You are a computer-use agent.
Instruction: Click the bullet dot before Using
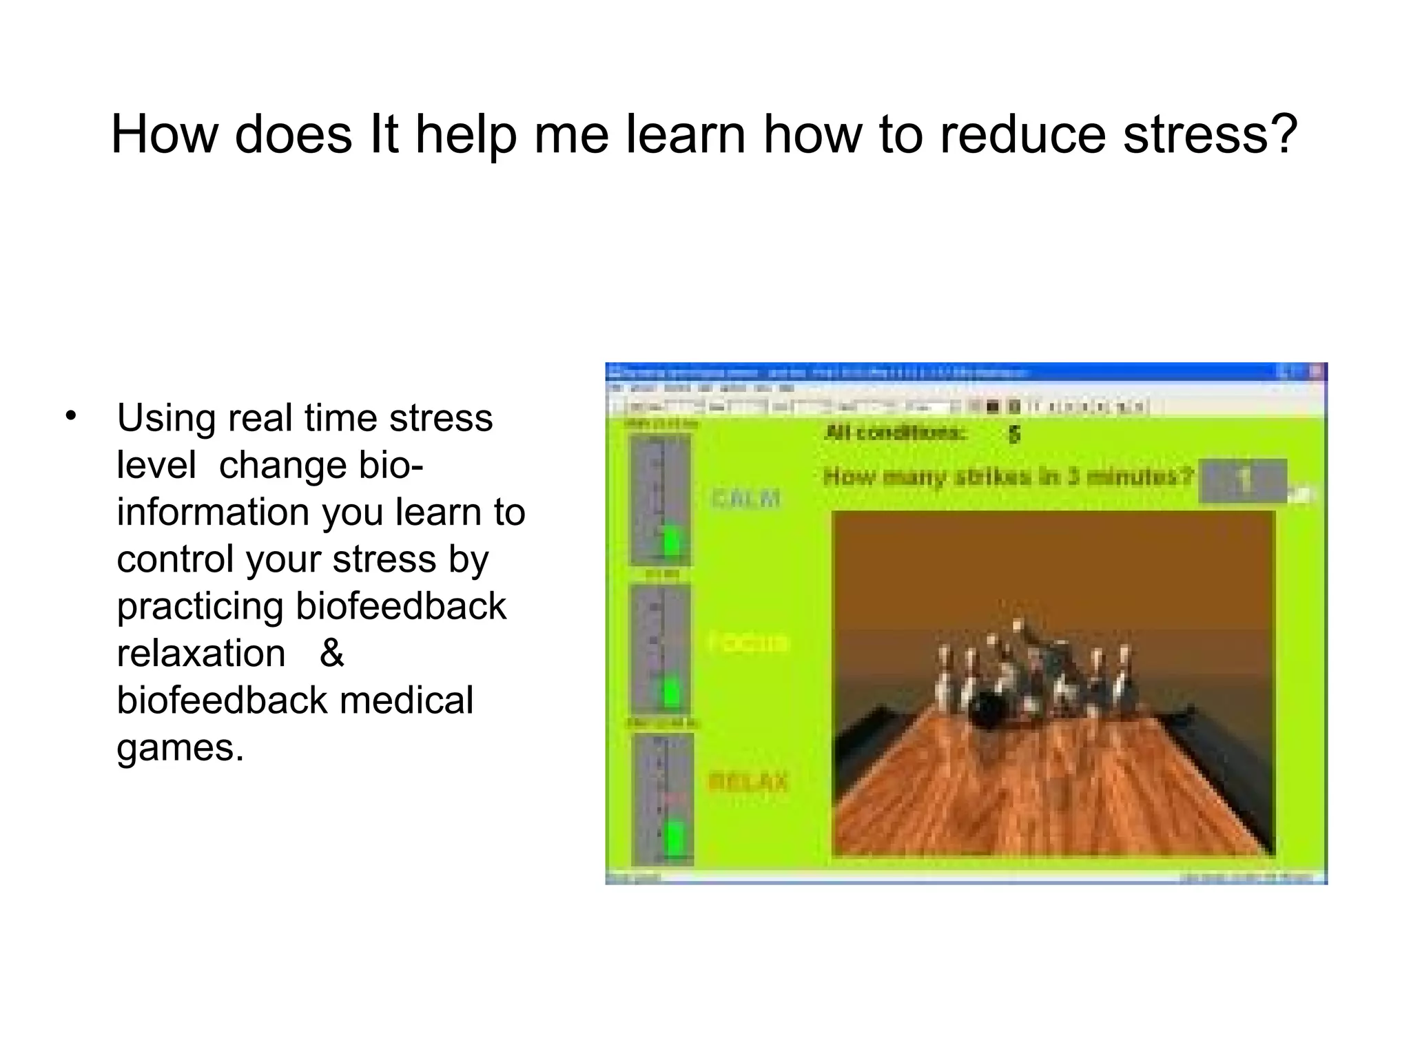pos(70,416)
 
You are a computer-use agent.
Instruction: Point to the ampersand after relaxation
pos(331,653)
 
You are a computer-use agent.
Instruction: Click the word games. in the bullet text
pos(181,747)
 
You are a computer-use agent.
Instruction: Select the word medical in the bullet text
pos(406,700)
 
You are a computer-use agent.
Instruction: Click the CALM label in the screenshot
pos(745,498)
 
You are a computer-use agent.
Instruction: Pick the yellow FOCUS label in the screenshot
pos(748,642)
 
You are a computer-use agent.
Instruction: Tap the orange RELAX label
pos(748,782)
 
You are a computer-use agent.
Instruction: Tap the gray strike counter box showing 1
pos(1243,480)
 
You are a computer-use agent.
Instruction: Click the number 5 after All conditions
pos(1013,434)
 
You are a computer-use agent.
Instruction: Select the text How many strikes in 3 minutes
pos(1008,477)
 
